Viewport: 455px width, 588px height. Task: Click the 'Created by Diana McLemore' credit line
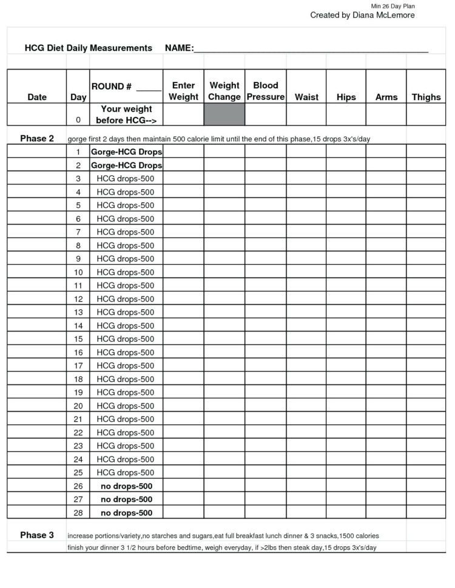point(362,15)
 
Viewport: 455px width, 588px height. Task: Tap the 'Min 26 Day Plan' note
point(393,6)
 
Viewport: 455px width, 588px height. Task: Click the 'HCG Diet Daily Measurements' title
point(89,48)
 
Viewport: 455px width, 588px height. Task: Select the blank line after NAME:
point(311,48)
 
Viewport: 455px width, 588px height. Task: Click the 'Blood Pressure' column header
point(266,91)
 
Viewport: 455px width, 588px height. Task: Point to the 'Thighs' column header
point(426,97)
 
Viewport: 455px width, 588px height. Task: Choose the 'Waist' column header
point(306,97)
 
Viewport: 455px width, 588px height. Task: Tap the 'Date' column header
point(37,97)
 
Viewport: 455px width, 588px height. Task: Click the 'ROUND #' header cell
point(126,87)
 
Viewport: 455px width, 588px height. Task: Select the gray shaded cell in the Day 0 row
point(224,115)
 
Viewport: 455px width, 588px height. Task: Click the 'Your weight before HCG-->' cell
point(126,115)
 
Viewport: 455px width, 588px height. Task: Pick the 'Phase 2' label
point(37,138)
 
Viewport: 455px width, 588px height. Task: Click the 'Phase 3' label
point(37,535)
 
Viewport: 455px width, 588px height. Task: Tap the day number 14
point(78,326)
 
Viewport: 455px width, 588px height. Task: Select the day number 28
point(78,513)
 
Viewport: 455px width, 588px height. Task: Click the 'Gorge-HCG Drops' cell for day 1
point(126,152)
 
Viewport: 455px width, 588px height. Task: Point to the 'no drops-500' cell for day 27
point(126,499)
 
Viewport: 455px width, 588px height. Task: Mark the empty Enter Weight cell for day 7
point(183,232)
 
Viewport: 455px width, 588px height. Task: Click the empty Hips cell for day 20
point(346,406)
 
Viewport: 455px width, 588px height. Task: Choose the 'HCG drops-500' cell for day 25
point(126,473)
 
